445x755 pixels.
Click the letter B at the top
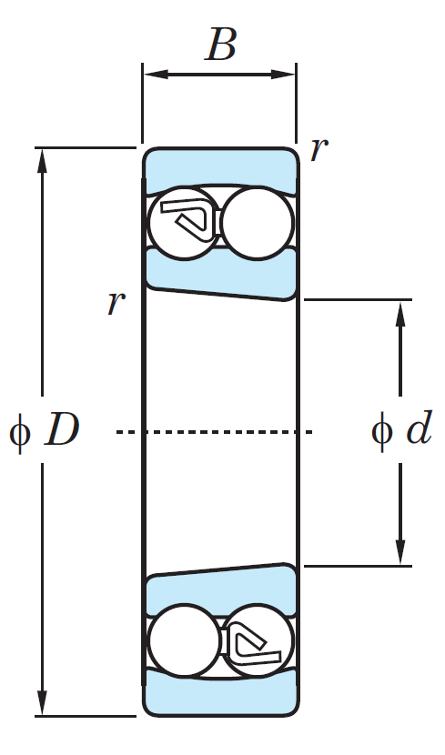(221, 45)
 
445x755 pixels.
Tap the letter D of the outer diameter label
(62, 429)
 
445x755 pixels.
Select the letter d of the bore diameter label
(419, 428)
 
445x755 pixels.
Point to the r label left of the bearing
(116, 303)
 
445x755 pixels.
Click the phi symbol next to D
(20, 433)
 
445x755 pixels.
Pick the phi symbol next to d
(382, 432)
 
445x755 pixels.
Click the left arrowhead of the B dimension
(156, 75)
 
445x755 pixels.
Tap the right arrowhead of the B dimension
(283, 75)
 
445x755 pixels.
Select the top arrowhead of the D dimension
(43, 161)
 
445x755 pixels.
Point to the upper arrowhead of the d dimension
(400, 313)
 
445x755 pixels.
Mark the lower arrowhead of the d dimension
(400, 552)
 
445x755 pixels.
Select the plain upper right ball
(257, 224)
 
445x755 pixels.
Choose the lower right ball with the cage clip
(258, 641)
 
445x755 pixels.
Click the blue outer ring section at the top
(220, 166)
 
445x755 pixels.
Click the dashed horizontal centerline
(215, 432)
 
